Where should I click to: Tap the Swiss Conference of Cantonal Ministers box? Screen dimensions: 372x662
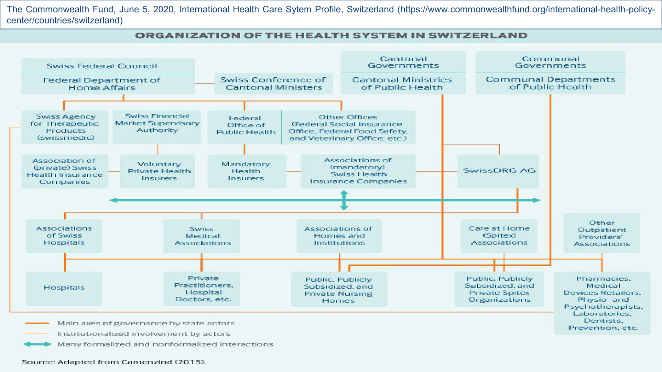point(274,83)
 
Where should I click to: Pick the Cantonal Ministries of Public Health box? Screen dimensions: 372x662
point(402,83)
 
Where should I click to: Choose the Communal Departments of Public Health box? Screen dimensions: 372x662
point(550,83)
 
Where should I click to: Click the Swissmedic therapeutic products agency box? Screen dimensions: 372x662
point(65,127)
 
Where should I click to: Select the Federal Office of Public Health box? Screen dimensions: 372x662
point(245,127)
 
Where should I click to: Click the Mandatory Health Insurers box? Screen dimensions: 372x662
point(246,171)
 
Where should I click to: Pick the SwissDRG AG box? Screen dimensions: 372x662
point(498,171)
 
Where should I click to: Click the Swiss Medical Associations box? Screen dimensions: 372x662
point(202,236)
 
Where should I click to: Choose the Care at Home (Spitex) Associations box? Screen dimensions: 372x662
point(499,236)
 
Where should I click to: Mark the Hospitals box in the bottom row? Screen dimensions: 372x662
point(64,288)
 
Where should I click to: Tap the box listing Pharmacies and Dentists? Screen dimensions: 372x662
point(602,303)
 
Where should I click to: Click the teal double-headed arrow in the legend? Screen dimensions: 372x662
point(38,344)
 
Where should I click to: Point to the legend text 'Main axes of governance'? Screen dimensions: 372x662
point(146,323)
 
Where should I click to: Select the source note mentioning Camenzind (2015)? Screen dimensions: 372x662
point(114,362)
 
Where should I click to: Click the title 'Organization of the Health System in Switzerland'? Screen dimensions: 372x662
point(331,36)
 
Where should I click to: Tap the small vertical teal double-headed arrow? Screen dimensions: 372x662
point(344,200)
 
